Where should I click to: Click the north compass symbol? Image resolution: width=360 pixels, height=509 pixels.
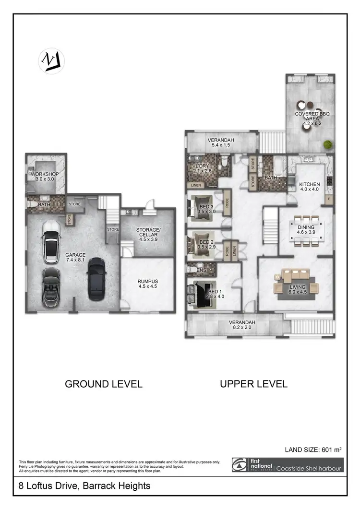(x=51, y=61)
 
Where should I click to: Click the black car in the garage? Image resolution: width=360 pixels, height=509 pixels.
(x=96, y=277)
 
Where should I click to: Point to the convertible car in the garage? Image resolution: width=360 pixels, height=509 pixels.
(x=51, y=287)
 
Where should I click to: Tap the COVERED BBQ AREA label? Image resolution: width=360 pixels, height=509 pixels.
(x=309, y=117)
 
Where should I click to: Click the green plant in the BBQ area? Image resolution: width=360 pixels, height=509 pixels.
(x=327, y=143)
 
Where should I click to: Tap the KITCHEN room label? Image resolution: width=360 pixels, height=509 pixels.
(x=309, y=184)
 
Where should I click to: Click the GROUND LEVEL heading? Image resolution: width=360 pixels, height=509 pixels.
(x=104, y=384)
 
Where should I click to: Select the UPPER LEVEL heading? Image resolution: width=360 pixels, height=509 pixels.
(x=253, y=384)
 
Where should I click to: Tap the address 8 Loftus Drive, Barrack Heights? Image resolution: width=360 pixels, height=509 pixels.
(x=84, y=486)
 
